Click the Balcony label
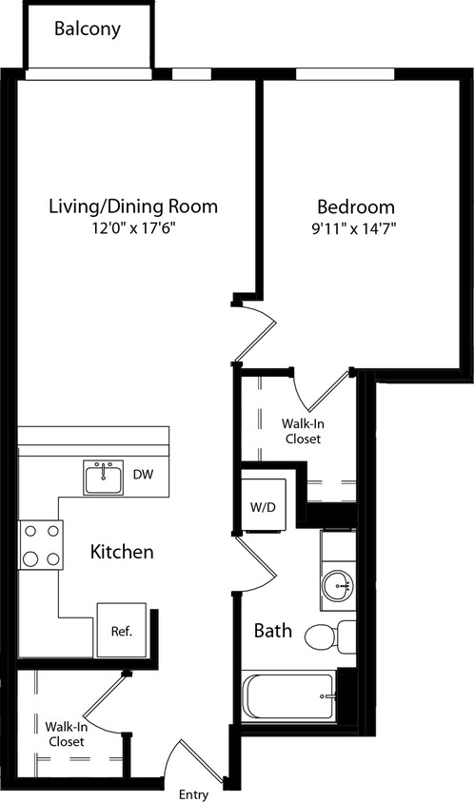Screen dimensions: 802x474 [88, 29]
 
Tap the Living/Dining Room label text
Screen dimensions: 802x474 [133, 206]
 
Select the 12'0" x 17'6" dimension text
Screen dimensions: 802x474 [133, 228]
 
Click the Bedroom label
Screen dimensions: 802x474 [355, 206]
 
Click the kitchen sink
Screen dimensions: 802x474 [103, 478]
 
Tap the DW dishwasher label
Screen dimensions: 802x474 [143, 474]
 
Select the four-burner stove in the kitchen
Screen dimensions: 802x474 [41, 545]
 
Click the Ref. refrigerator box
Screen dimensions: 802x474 [120, 629]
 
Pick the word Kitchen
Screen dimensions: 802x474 [122, 552]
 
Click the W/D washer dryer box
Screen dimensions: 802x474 [263, 506]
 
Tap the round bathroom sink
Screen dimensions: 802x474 [337, 585]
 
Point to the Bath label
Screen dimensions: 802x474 [272, 631]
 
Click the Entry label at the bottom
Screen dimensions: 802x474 [194, 792]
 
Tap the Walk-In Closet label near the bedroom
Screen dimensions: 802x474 [301, 431]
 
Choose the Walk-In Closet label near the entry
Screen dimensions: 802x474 [66, 734]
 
